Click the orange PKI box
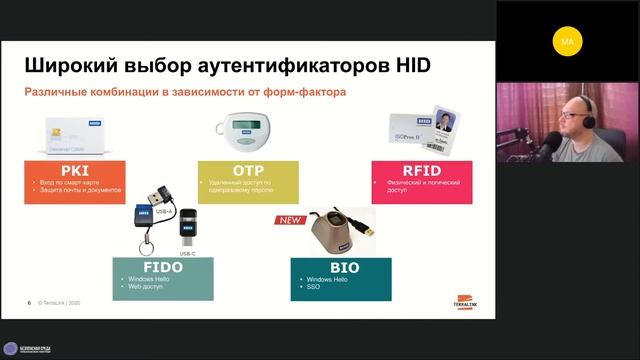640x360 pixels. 69,178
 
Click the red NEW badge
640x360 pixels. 289,220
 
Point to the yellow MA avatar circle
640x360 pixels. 568,42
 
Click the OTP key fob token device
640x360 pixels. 240,133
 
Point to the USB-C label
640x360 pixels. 187,254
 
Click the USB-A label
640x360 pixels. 161,210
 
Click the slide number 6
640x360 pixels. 29,302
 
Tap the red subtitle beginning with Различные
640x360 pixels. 185,92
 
